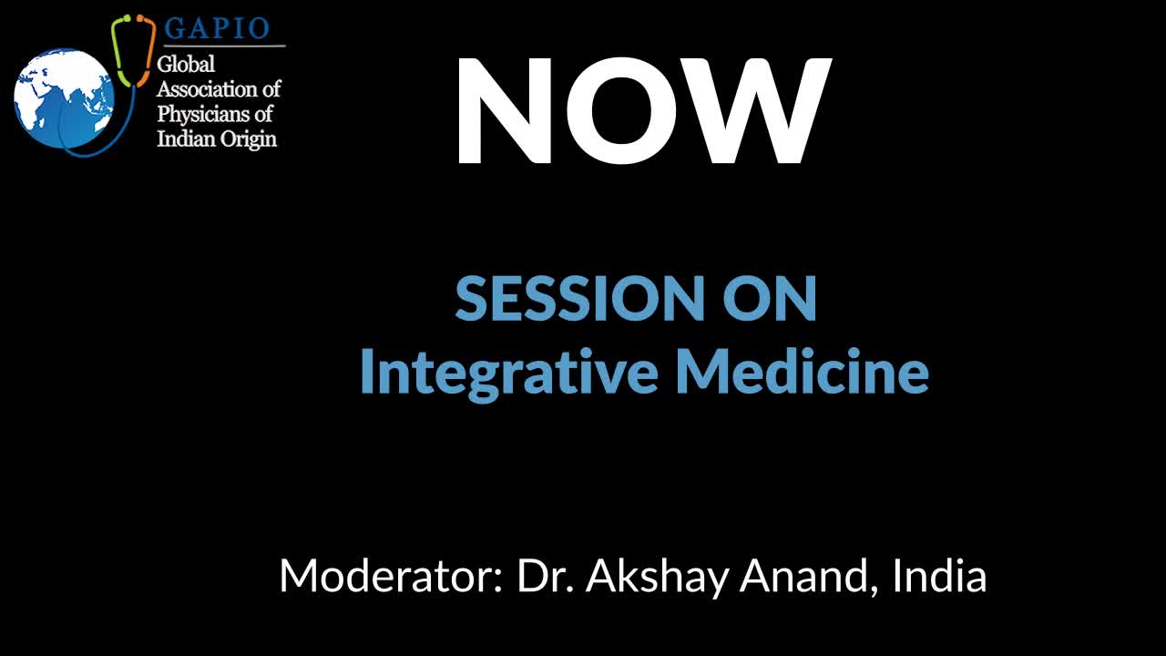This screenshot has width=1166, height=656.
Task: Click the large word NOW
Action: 643,110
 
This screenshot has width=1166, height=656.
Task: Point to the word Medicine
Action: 803,371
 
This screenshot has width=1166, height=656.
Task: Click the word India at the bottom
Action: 939,575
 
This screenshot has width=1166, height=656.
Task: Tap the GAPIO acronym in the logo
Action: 217,28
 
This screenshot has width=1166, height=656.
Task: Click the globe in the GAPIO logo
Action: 64,99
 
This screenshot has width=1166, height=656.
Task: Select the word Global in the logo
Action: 185,64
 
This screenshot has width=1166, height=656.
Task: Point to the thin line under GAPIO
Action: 224,46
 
